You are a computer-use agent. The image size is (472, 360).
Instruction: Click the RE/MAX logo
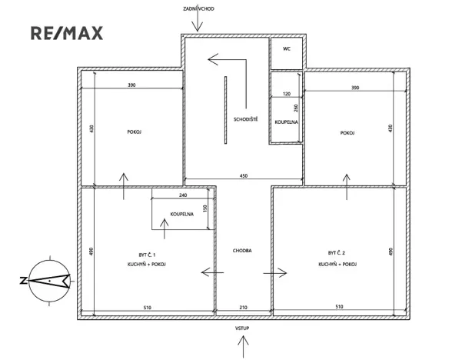point(65,33)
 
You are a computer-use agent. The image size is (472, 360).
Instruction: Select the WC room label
point(287,48)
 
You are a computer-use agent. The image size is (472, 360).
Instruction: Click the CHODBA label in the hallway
point(243,251)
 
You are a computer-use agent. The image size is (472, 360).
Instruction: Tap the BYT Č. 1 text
point(148,253)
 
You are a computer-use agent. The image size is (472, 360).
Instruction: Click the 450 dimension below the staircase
point(243,177)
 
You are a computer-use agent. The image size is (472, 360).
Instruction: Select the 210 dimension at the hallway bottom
point(243,307)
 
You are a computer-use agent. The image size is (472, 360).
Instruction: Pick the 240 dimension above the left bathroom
point(183,195)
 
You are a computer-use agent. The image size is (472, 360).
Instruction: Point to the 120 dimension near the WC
point(287,93)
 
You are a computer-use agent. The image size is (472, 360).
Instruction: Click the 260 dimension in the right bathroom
point(295,108)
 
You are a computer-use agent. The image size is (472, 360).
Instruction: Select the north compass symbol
point(48,280)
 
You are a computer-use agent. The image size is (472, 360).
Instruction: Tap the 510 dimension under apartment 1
point(147,307)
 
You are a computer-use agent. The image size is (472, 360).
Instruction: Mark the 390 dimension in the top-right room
point(354,88)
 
